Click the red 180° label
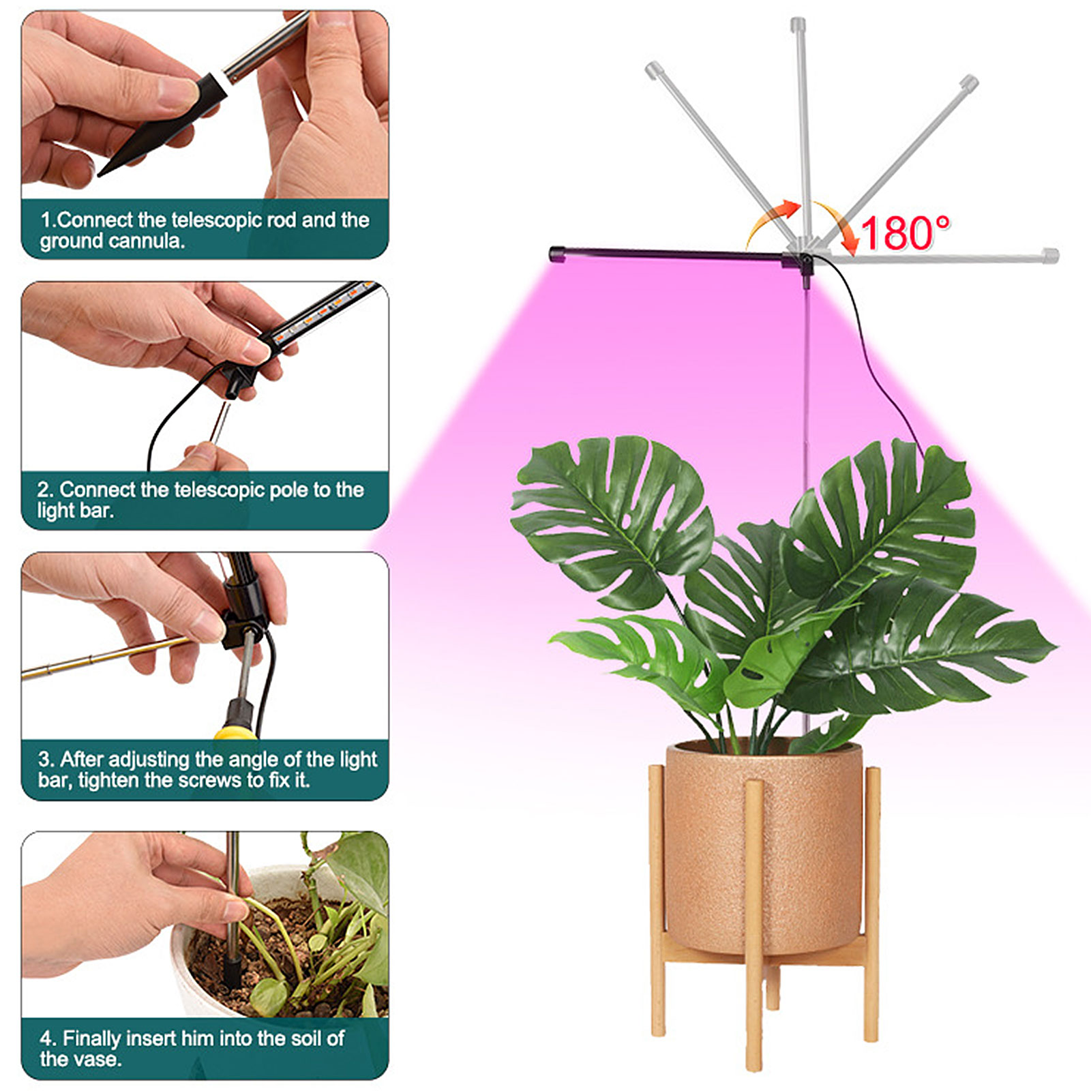point(905,233)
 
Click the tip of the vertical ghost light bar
point(798,24)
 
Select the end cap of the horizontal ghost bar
point(1051,256)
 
